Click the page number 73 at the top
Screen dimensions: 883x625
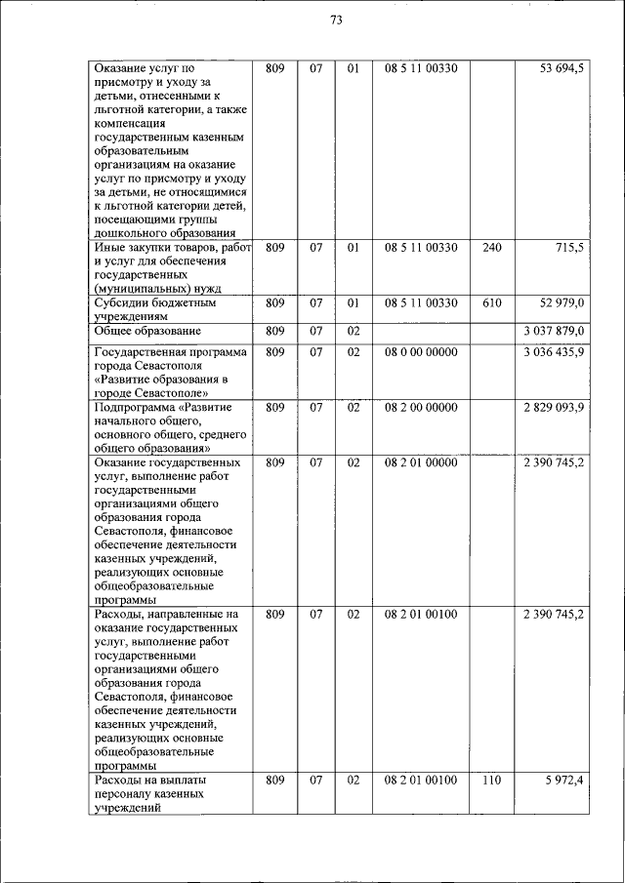[x=337, y=20]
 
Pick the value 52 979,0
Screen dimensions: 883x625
[x=562, y=303]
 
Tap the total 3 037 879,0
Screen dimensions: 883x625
[x=554, y=332]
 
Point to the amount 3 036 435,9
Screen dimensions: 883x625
[x=554, y=351]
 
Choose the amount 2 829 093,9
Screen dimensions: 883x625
[x=554, y=407]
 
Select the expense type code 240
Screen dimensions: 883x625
[x=492, y=248]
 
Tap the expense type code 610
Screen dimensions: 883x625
[x=492, y=303]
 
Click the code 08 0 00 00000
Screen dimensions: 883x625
[x=421, y=351]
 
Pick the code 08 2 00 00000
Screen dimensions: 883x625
[x=421, y=407]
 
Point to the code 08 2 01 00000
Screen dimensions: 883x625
[x=421, y=462]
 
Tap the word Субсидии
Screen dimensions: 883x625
[x=121, y=303]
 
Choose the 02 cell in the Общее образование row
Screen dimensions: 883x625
[x=354, y=332]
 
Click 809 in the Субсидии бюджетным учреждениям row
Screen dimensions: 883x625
[x=275, y=303]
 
